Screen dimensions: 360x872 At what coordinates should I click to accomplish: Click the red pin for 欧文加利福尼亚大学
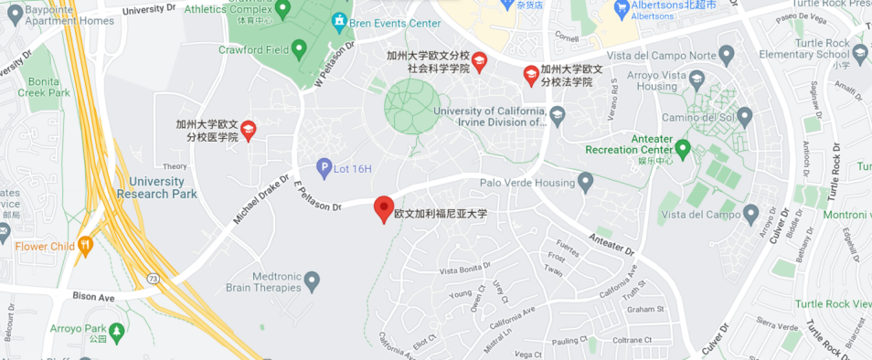(x=385, y=207)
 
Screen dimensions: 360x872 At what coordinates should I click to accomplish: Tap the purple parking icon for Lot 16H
(x=324, y=166)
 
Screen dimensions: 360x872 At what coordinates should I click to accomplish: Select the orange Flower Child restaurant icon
(x=86, y=245)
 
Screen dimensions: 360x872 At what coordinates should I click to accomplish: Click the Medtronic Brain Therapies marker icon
(x=313, y=280)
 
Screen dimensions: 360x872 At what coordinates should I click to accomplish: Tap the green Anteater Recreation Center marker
(x=682, y=147)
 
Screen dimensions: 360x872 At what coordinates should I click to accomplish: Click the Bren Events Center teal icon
(x=339, y=19)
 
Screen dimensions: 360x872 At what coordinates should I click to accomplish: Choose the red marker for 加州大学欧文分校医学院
(x=248, y=129)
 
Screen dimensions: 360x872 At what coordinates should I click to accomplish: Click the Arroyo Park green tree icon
(x=117, y=329)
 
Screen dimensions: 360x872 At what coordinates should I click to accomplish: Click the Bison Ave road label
(x=94, y=297)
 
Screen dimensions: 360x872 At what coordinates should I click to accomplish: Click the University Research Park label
(x=164, y=187)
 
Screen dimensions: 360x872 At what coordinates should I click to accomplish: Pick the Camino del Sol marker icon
(x=744, y=116)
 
